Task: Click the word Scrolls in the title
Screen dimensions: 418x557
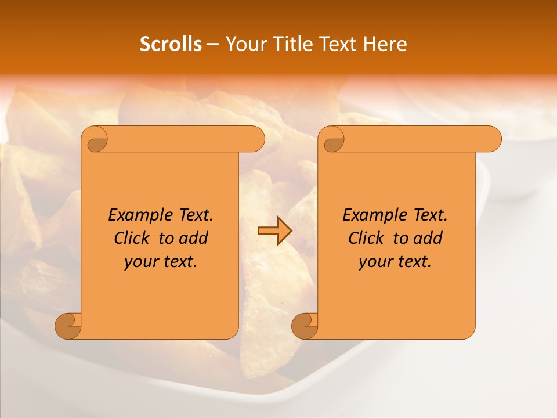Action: tap(171, 44)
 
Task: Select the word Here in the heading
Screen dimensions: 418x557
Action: tap(385, 44)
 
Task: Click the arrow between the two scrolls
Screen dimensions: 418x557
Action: tap(274, 231)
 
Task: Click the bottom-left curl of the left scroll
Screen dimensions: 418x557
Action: tap(68, 326)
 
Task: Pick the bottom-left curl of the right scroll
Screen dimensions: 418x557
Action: tap(305, 326)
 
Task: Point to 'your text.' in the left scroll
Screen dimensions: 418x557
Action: tap(161, 261)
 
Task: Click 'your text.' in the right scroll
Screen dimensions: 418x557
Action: tap(395, 261)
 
